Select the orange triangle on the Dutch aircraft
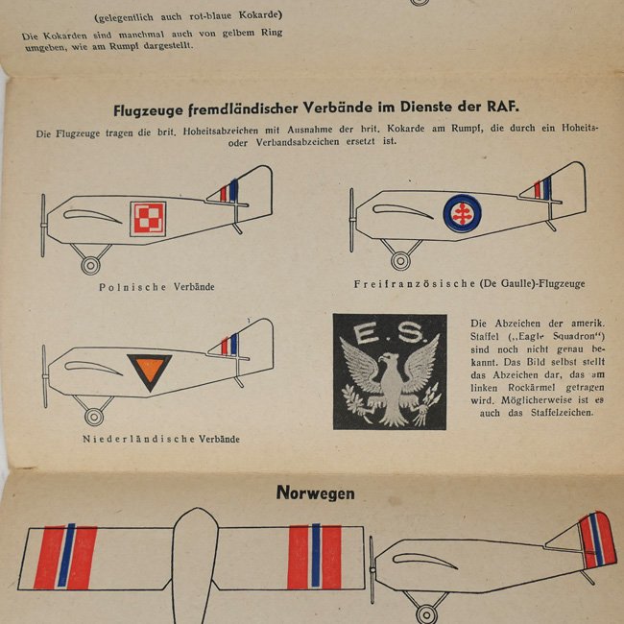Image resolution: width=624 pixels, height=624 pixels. pos(149,371)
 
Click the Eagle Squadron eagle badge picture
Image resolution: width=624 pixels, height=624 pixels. pos(390,372)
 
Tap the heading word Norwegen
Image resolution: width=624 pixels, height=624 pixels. pos(315,493)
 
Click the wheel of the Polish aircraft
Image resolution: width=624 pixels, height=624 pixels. pos(92,264)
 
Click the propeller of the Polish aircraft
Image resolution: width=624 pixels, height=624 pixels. pos(43,225)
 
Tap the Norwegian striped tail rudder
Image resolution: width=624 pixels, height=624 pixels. pos(592,540)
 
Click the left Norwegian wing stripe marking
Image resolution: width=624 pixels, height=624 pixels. pos(65,556)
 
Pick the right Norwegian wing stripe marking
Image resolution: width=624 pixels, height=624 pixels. pos(314,557)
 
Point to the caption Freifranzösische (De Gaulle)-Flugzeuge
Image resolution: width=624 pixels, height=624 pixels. pos(468,284)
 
